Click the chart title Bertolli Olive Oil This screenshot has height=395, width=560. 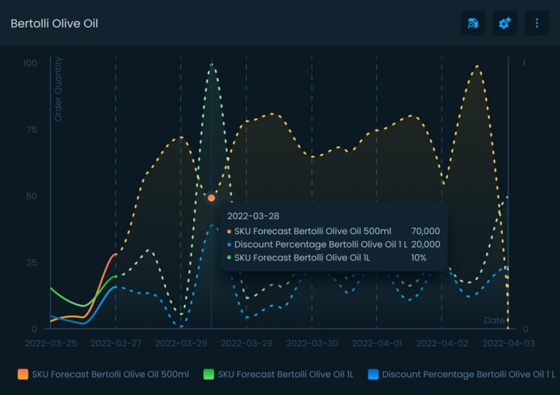(54, 23)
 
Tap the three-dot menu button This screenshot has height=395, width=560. (537, 23)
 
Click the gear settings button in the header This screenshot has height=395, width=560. (505, 23)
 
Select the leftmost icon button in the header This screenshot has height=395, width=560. (473, 23)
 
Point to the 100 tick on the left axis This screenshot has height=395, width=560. (30, 63)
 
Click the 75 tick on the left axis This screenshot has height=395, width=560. (32, 130)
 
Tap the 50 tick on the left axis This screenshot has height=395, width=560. (32, 196)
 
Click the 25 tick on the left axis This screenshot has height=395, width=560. (32, 263)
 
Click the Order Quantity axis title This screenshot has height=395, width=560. (58, 89)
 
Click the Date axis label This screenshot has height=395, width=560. (494, 320)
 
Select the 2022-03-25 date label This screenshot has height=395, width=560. (51, 343)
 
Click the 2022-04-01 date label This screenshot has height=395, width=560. (377, 343)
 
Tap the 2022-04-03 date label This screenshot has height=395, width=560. (508, 343)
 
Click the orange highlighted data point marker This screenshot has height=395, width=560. (211, 198)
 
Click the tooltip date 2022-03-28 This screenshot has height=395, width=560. (252, 215)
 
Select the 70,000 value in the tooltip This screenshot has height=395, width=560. (425, 231)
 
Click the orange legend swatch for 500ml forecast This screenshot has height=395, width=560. (23, 374)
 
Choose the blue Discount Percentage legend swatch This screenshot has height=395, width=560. (374, 374)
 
